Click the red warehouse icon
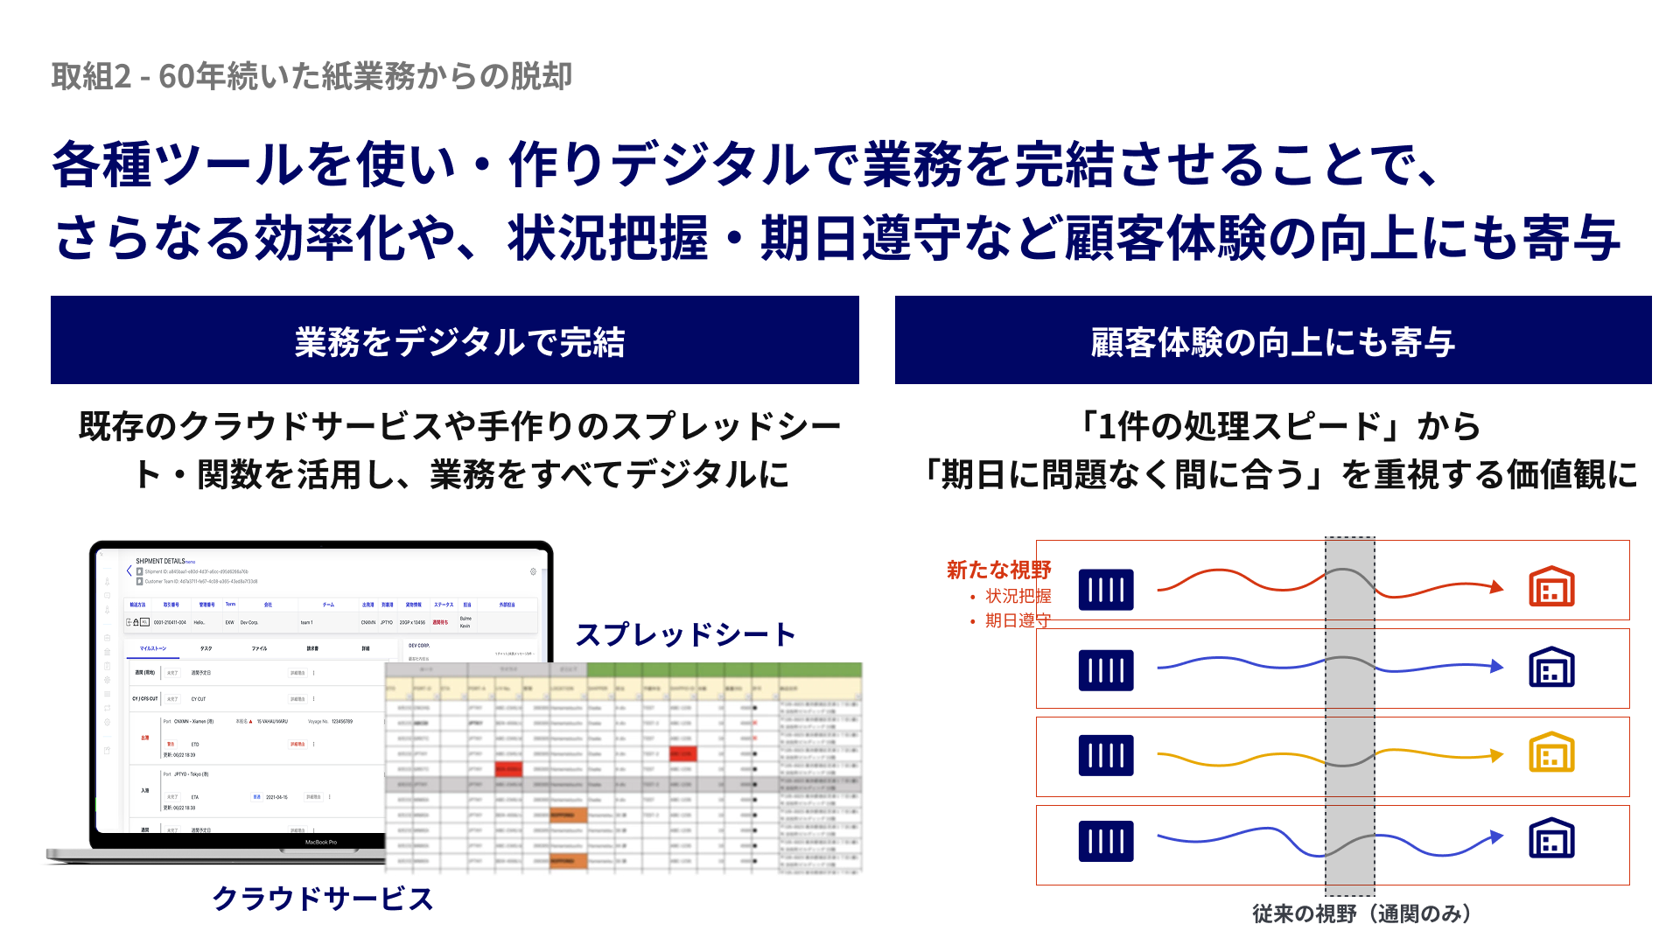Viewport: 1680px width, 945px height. click(x=1551, y=586)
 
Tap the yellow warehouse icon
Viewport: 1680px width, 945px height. click(x=1551, y=752)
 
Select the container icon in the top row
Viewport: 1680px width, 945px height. click(x=1106, y=589)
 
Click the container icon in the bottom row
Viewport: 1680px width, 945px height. click(x=1106, y=841)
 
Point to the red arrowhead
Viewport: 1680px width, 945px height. click(x=1497, y=586)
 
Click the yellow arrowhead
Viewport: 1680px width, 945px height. click(x=1497, y=754)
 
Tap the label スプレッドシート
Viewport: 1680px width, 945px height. click(x=685, y=634)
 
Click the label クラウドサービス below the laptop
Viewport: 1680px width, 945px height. click(x=322, y=899)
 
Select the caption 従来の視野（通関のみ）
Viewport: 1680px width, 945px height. click(x=1361, y=913)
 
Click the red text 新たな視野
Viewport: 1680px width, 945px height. click(x=998, y=570)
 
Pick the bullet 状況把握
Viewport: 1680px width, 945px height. click(x=1018, y=596)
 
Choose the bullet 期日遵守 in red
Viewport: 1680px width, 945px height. click(x=1018, y=620)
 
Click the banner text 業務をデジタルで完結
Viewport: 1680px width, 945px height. click(x=459, y=341)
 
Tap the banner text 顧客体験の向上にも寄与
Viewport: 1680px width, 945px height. click(x=1273, y=341)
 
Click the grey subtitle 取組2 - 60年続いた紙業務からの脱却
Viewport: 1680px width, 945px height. click(x=311, y=76)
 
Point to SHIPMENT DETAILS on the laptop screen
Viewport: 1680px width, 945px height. click(x=160, y=561)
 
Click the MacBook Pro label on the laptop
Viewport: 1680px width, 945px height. click(x=321, y=842)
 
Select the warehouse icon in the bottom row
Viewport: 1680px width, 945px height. click(x=1551, y=838)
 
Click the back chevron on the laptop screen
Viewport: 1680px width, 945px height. click(x=129, y=570)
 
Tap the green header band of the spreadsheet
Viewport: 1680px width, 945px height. click(x=724, y=669)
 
